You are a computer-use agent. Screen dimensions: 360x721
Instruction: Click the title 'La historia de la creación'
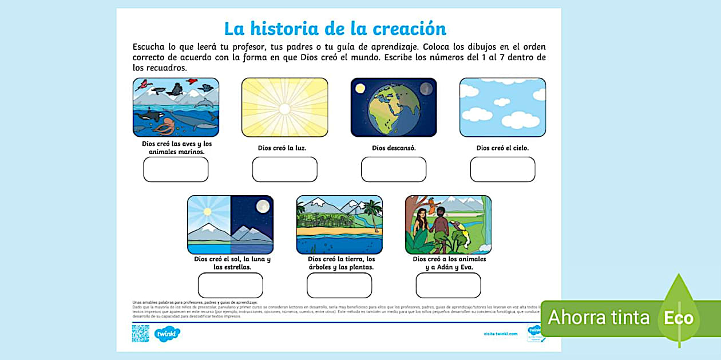click(x=335, y=28)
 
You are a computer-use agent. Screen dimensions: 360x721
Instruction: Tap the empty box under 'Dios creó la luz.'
click(x=284, y=169)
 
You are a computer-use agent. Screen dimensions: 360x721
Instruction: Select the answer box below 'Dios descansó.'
click(x=394, y=169)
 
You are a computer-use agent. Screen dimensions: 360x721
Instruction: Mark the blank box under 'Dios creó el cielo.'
click(x=502, y=169)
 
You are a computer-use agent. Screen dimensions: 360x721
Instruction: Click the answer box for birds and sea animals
click(x=176, y=169)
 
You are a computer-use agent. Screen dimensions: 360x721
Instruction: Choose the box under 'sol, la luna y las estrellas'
click(x=230, y=285)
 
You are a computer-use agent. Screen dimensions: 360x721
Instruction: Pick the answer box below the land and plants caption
click(x=339, y=285)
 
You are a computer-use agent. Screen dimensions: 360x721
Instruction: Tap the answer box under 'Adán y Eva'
click(x=448, y=285)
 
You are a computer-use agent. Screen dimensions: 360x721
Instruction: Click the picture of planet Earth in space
click(x=394, y=108)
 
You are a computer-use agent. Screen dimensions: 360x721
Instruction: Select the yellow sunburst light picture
click(x=284, y=108)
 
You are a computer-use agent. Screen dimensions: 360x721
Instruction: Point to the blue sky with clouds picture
click(x=502, y=108)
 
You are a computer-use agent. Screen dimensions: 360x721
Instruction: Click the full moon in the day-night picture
click(x=263, y=207)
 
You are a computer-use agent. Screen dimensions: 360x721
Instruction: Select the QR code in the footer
click(x=140, y=333)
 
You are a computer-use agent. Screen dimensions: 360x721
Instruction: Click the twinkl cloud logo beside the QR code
click(x=167, y=333)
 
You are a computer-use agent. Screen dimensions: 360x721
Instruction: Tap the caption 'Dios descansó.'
click(x=394, y=148)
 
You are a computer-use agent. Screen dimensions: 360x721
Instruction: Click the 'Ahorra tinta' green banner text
click(x=598, y=318)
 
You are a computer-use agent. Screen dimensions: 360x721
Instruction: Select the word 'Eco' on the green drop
click(x=679, y=318)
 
